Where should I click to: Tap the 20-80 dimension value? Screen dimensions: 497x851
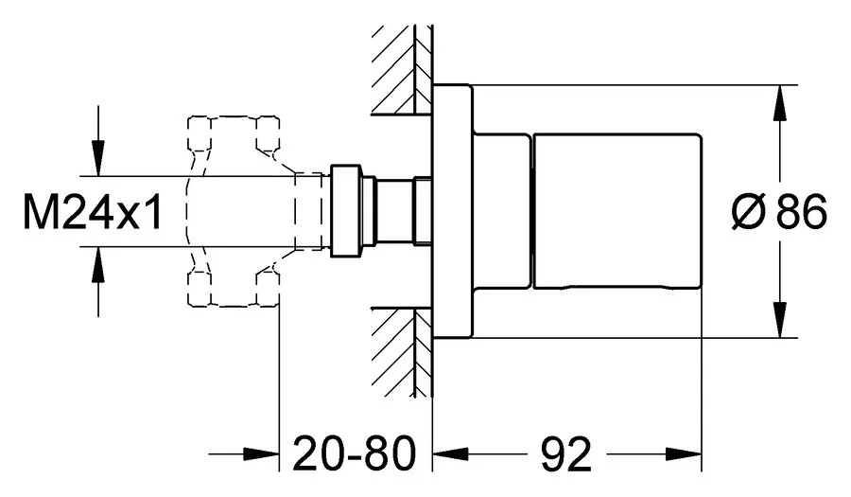[x=353, y=455]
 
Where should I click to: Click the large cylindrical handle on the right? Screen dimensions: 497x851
[x=618, y=212]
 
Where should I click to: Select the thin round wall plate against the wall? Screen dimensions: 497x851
[x=451, y=212]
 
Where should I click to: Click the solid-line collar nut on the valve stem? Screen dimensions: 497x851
[x=345, y=211]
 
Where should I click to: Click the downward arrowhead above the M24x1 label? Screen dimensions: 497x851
[x=96, y=162]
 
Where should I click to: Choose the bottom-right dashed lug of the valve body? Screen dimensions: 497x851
[x=269, y=290]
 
